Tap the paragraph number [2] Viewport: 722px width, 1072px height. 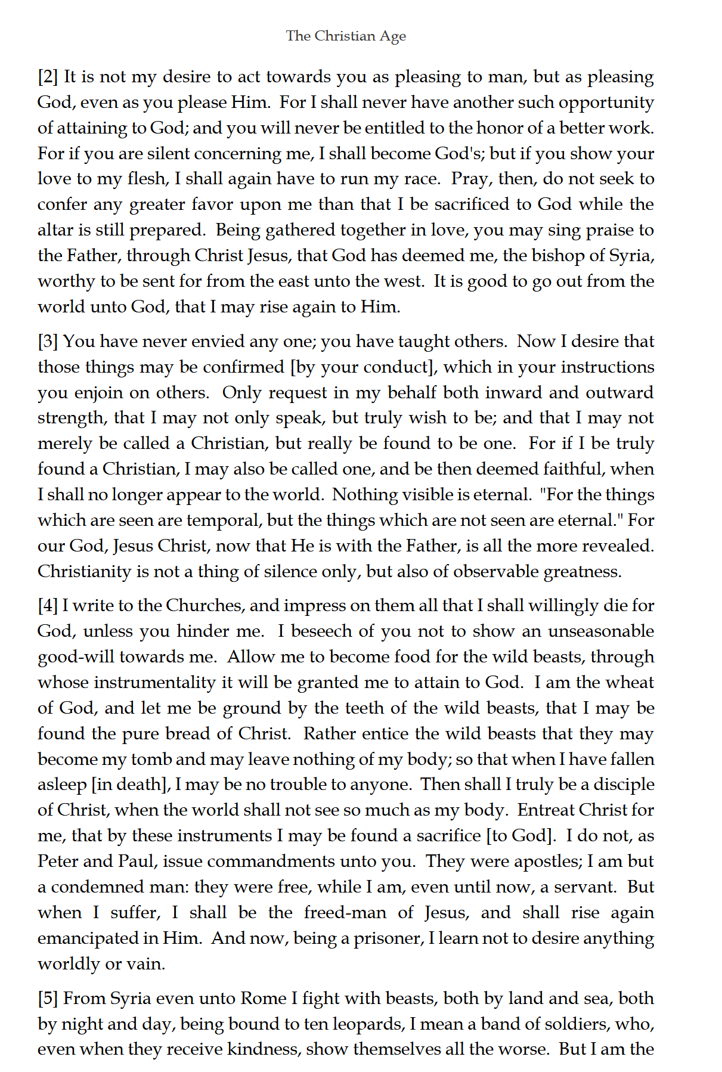(48, 77)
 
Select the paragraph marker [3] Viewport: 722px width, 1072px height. (48, 342)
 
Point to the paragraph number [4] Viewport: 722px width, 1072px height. (48, 606)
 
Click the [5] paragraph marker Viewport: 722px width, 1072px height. (48, 999)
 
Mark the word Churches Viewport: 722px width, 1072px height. (204, 606)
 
